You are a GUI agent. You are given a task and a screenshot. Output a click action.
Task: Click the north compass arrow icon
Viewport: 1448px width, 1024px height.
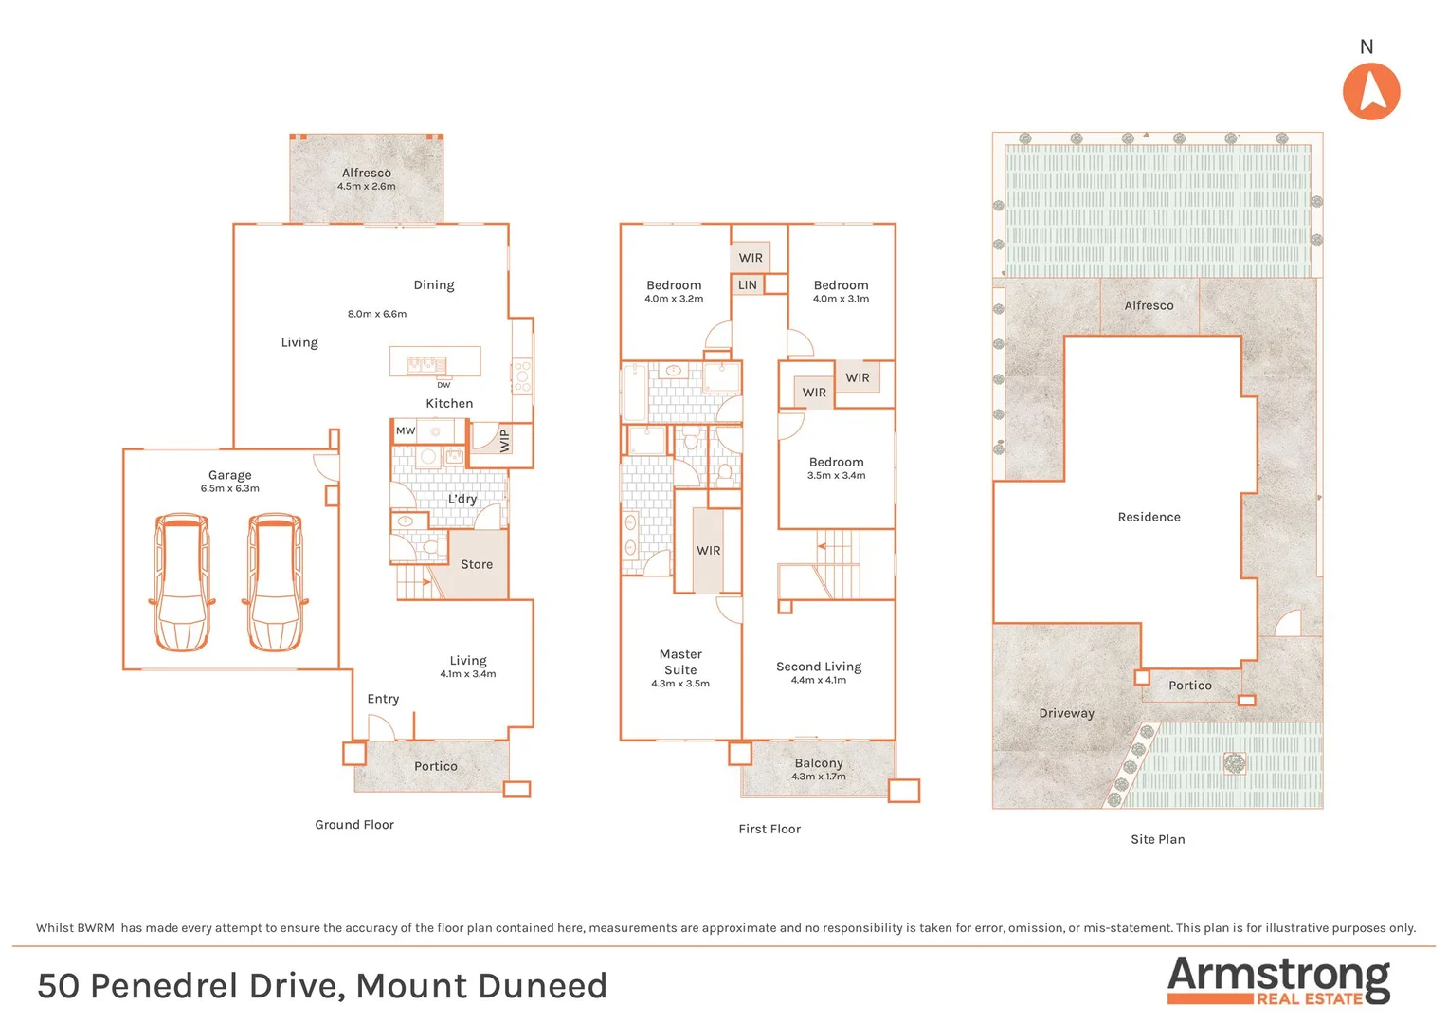pos(1370,91)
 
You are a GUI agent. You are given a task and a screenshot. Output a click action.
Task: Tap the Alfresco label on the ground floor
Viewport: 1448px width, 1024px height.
pos(367,173)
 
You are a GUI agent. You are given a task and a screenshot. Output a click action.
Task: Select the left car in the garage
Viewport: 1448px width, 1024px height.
pos(181,582)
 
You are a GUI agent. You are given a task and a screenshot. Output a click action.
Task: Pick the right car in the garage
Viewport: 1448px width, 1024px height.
pos(275,582)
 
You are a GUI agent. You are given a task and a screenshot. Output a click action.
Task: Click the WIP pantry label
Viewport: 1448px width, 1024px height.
pos(504,441)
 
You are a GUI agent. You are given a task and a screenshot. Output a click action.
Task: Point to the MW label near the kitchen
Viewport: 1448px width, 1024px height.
pos(406,430)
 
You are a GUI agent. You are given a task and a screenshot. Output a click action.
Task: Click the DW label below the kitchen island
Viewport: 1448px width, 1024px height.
pos(443,385)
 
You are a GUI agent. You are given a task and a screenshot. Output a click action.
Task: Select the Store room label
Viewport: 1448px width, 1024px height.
pos(477,564)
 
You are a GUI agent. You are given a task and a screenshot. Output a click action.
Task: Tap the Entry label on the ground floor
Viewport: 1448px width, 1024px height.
pos(383,699)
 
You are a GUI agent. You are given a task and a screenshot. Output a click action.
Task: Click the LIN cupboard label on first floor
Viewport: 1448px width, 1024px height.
pos(748,284)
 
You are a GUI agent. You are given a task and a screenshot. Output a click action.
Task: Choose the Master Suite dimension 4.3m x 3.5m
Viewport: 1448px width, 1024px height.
pos(680,684)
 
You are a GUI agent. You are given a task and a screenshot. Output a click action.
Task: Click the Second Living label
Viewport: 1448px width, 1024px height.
pos(819,667)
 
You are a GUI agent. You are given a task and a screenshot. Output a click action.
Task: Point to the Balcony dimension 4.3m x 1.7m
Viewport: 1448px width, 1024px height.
pos(819,777)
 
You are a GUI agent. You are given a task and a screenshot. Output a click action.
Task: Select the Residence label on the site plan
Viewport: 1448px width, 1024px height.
pos(1149,517)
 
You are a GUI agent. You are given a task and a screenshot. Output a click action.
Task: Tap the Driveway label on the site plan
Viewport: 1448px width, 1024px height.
pos(1066,713)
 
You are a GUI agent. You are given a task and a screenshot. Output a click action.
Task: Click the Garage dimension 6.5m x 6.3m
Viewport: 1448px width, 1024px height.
pos(229,489)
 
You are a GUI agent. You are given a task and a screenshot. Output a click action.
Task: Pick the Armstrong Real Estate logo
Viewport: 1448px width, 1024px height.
pos(1278,980)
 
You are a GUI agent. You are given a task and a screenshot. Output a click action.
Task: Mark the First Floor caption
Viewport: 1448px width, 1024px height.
pos(769,829)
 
